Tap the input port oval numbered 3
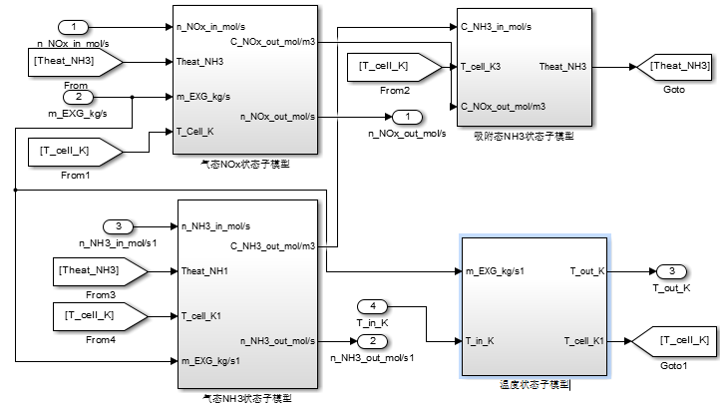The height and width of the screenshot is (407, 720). pyautogui.click(x=118, y=225)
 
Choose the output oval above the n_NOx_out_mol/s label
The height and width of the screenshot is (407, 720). pyautogui.click(x=406, y=117)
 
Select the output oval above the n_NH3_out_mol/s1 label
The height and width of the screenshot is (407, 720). pyautogui.click(x=366, y=341)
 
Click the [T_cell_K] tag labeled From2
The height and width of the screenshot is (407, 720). pyautogui.click(x=391, y=68)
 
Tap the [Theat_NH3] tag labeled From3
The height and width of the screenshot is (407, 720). pyautogui.click(x=98, y=270)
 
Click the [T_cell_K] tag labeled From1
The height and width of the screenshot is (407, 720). pyautogui.click(x=73, y=152)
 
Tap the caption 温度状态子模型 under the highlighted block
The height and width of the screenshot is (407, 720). pyautogui.click(x=534, y=384)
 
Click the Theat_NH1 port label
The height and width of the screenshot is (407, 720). pyautogui.click(x=205, y=270)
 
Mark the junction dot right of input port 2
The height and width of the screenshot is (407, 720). pyautogui.click(x=133, y=97)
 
